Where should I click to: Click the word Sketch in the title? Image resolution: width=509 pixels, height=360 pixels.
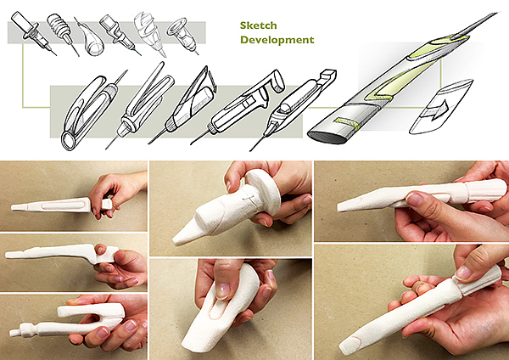point(259,25)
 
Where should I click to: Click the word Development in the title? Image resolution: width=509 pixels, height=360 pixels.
point(277,40)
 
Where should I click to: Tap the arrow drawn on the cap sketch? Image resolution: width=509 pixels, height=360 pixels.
point(439,109)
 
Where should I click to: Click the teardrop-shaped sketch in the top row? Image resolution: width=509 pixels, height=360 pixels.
point(91,40)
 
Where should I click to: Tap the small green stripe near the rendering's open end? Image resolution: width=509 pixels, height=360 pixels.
point(346,122)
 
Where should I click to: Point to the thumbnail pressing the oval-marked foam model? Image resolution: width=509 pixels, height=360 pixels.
point(222,291)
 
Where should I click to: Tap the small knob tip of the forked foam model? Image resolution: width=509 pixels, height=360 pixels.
point(14,332)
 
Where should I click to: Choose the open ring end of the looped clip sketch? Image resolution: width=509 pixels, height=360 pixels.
point(70,141)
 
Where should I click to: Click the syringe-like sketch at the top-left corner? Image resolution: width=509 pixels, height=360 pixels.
point(32,32)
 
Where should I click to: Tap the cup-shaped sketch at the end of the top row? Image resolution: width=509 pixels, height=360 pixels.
point(182,35)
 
